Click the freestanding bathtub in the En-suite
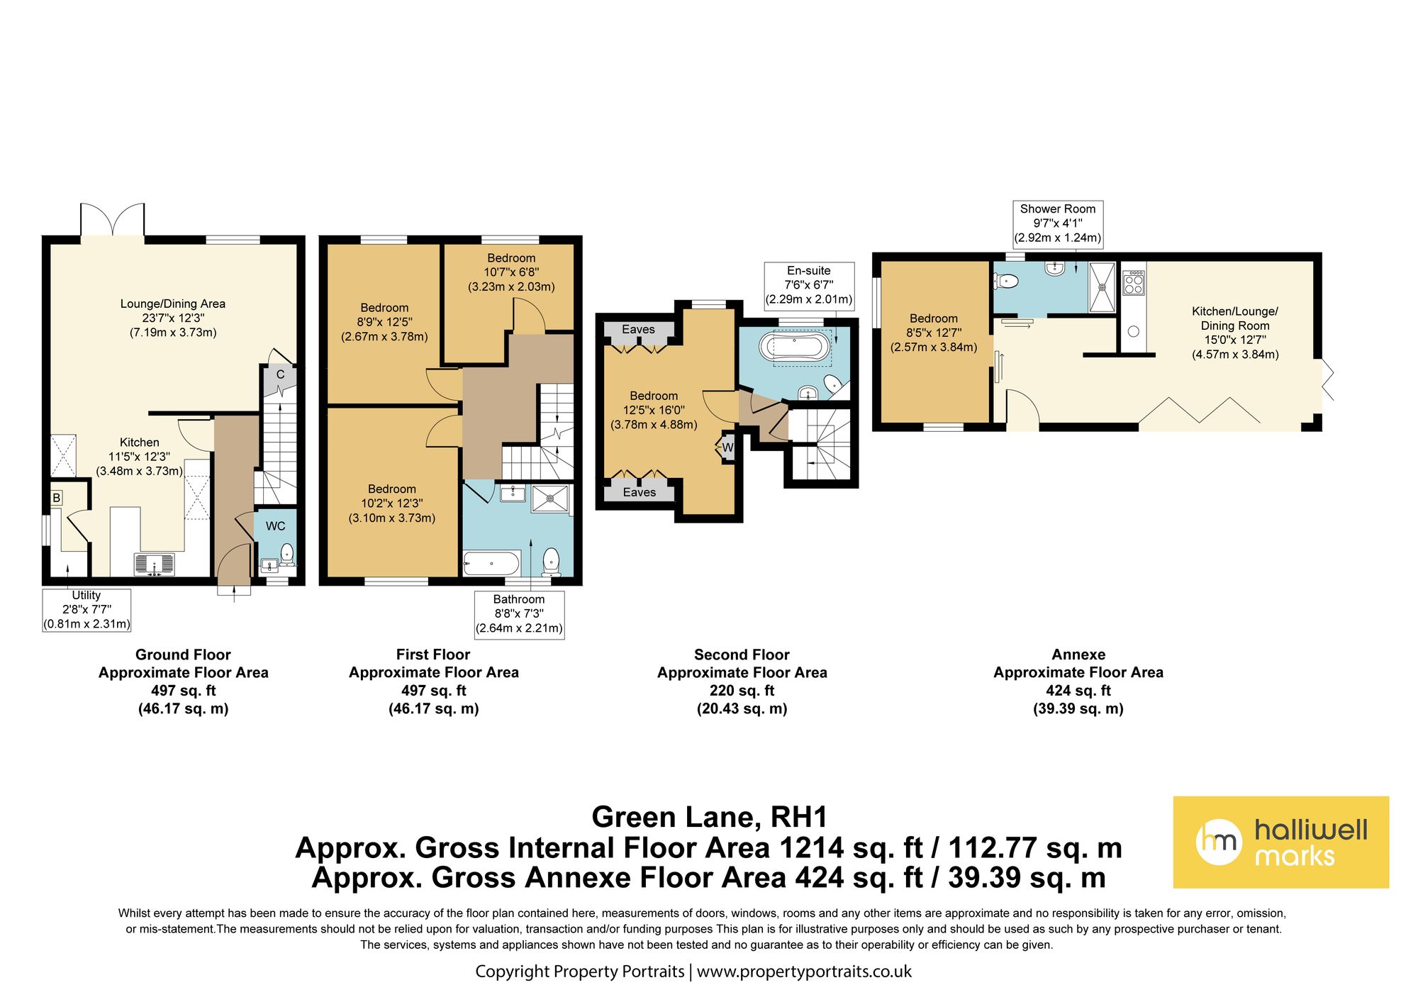(793, 348)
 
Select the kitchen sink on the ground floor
(154, 564)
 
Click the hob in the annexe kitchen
(1134, 282)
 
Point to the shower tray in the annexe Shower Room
(1102, 286)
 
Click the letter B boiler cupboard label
(56, 498)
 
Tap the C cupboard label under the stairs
(280, 374)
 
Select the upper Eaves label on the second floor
(638, 329)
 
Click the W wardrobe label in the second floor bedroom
(727, 447)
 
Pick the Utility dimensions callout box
(86, 610)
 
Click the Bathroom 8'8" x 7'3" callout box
(519, 614)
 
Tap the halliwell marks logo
(1280, 842)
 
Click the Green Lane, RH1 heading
(709, 817)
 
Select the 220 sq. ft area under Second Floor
(742, 691)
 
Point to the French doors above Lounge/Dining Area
(112, 221)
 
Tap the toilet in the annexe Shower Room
(1007, 282)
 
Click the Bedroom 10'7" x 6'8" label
(511, 272)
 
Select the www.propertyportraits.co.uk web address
(804, 972)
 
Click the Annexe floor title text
(1078, 655)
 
